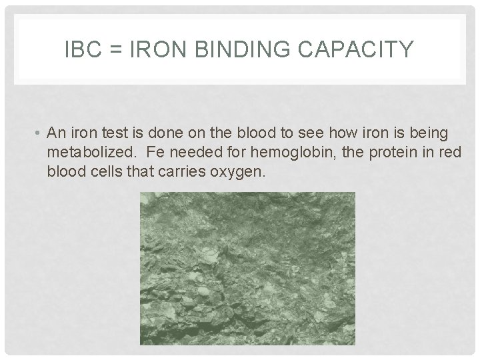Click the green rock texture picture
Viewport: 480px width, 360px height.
pos(247,268)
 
